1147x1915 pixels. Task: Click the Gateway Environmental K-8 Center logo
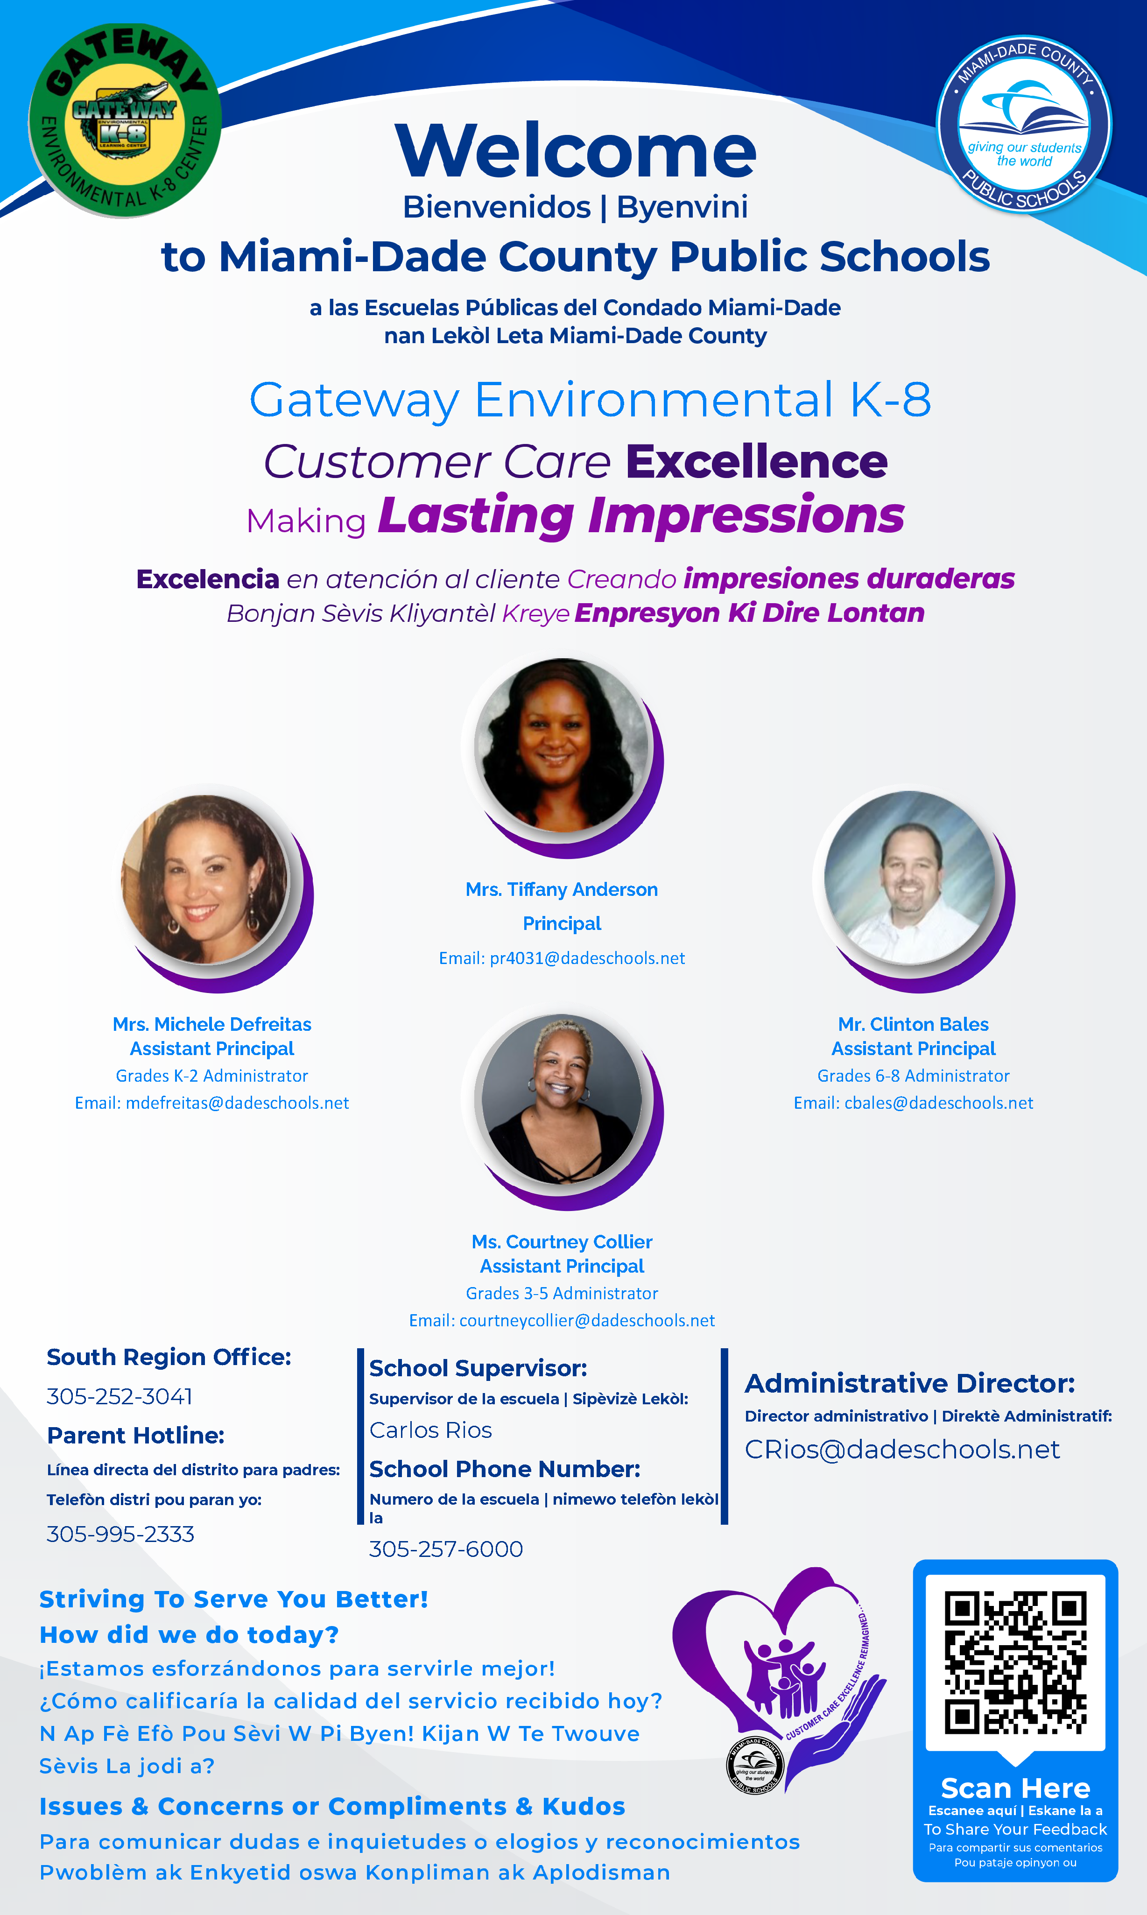pyautogui.click(x=125, y=120)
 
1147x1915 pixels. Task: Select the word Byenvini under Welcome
pyautogui.click(x=683, y=207)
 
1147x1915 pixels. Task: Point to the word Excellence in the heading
pyautogui.click(x=757, y=462)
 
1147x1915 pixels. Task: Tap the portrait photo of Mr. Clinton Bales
pyautogui.click(x=912, y=878)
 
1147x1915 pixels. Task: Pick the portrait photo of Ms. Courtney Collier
pyautogui.click(x=562, y=1099)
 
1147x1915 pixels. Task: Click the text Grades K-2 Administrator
pyautogui.click(x=212, y=1076)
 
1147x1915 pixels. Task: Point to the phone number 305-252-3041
pyautogui.click(x=120, y=1396)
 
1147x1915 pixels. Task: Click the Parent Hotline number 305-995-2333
pyautogui.click(x=120, y=1534)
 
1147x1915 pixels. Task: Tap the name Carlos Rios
pyautogui.click(x=430, y=1430)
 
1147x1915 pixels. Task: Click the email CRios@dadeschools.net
pyautogui.click(x=902, y=1450)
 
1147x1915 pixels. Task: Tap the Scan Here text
pyautogui.click(x=1016, y=1788)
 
